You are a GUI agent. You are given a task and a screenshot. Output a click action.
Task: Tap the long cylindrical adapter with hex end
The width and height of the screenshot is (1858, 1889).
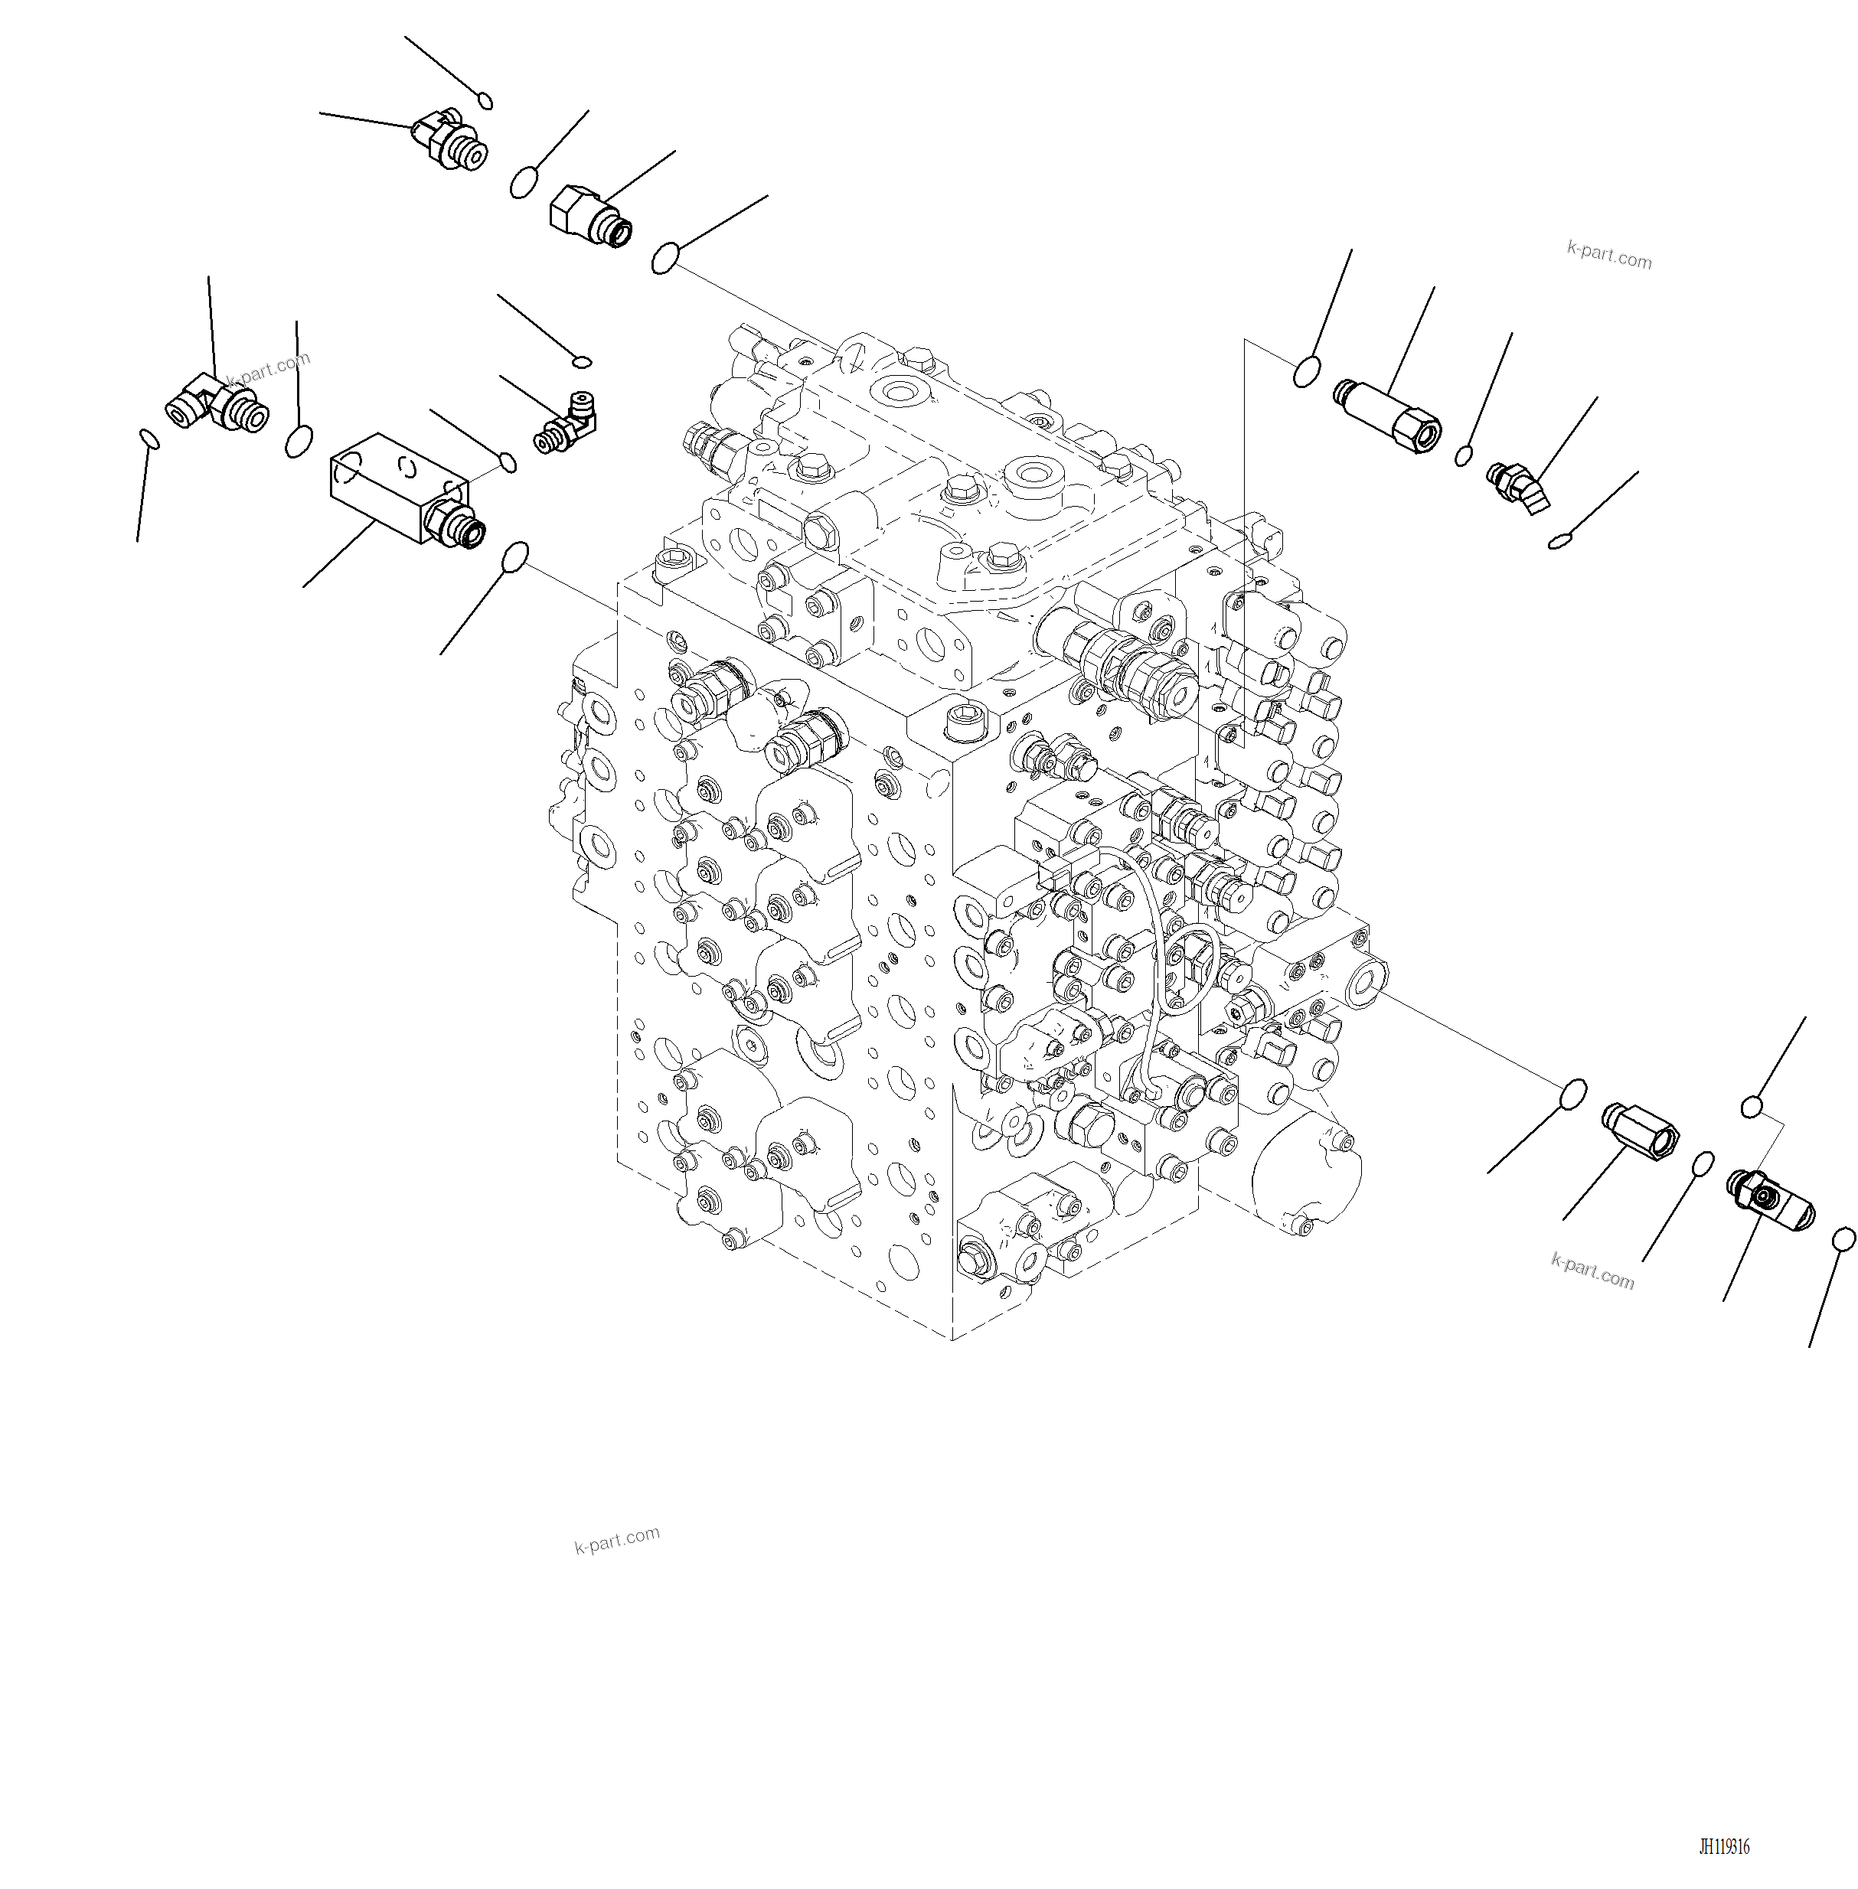point(1386,415)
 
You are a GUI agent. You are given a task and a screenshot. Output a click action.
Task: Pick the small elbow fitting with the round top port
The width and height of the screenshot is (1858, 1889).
point(566,422)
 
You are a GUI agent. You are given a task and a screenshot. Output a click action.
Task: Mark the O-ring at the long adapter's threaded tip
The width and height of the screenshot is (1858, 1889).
point(1307,372)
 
